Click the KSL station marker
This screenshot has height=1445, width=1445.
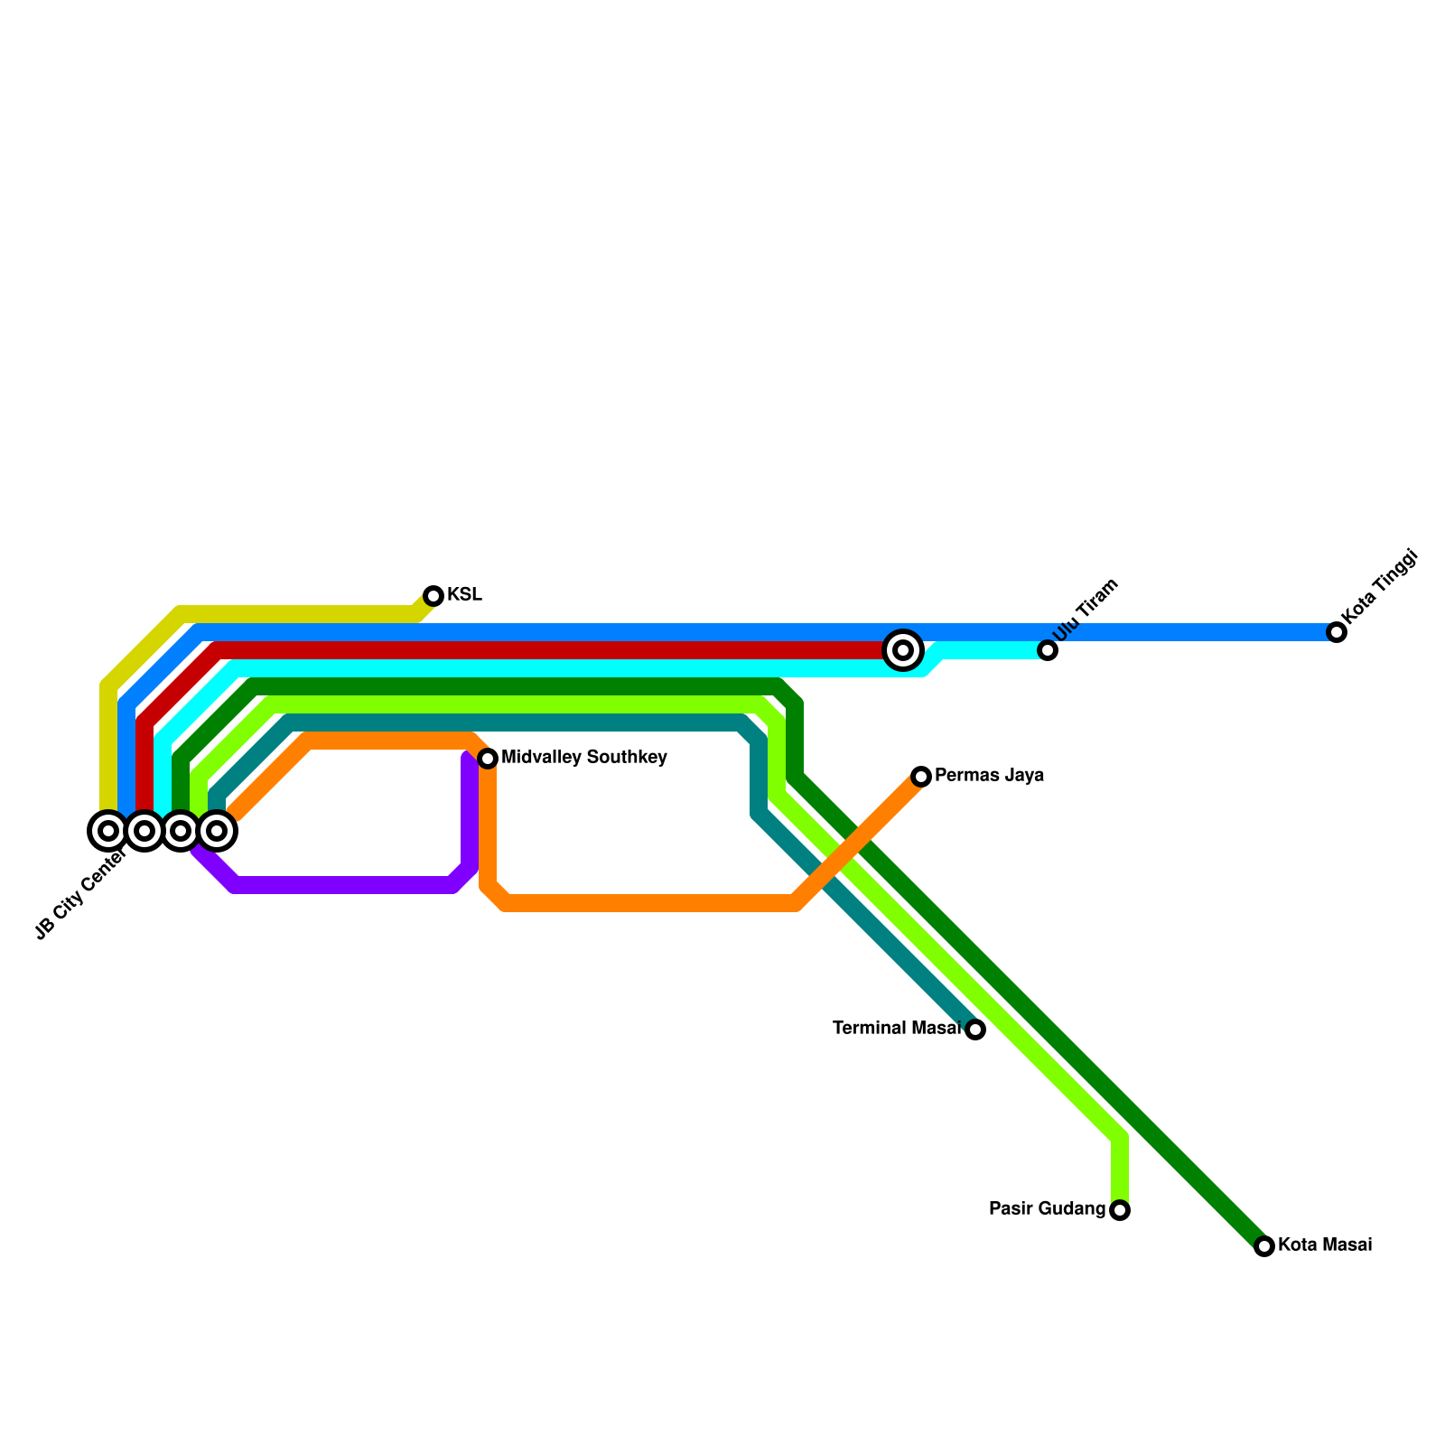[x=433, y=596]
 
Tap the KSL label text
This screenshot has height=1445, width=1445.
[x=464, y=595]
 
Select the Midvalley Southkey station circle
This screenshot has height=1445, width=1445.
[x=488, y=759]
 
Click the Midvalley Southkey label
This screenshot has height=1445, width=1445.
[x=583, y=758]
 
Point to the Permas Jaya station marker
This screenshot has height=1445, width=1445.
[x=921, y=777]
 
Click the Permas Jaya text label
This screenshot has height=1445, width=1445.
[x=989, y=776]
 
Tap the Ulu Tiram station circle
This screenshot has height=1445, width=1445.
[x=1048, y=650]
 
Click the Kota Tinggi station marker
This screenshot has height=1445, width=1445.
[x=1337, y=632]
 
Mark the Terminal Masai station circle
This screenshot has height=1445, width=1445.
[x=975, y=1030]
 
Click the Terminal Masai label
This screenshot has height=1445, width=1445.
[x=896, y=1029]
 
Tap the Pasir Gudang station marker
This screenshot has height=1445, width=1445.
[x=1120, y=1210]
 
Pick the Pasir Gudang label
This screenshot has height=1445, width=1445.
[x=1047, y=1209]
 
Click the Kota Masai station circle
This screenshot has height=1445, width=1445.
[x=1264, y=1246]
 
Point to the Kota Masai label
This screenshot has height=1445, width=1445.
[x=1325, y=1245]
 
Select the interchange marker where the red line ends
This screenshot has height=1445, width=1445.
[x=903, y=650]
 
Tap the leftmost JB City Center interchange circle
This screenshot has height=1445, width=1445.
[x=108, y=831]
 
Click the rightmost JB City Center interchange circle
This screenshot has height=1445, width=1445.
[x=217, y=831]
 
